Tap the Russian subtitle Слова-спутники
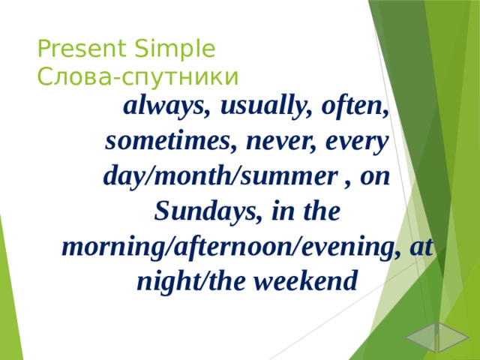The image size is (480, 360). tap(138, 76)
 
